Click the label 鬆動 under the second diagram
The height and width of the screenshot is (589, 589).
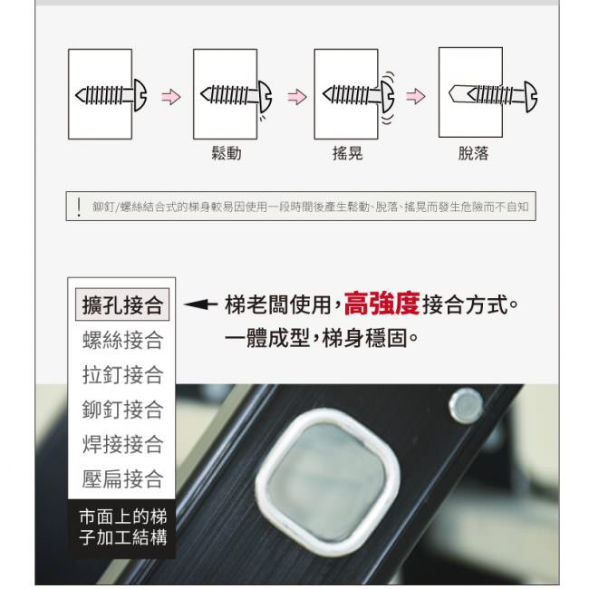(x=227, y=153)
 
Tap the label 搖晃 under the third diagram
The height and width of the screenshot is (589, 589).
(x=347, y=153)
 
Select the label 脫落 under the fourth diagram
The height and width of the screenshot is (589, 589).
(x=473, y=153)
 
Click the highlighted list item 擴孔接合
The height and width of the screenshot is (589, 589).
(x=122, y=304)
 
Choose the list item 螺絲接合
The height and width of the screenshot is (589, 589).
(x=122, y=340)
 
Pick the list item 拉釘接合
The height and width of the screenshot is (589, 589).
(x=122, y=374)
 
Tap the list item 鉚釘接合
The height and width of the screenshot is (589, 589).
(x=122, y=410)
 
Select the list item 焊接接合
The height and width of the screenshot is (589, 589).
(x=122, y=444)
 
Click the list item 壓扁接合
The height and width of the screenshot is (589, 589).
(x=122, y=479)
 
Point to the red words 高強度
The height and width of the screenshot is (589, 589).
(x=381, y=304)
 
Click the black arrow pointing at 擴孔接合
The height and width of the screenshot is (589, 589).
(x=200, y=304)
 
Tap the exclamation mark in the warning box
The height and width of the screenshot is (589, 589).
(x=79, y=207)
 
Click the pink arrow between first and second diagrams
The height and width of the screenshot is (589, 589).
(x=171, y=97)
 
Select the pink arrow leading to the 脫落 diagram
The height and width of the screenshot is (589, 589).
(x=416, y=96)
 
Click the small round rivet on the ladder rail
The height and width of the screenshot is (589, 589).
(x=466, y=407)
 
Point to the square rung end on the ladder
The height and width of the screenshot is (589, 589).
(x=327, y=481)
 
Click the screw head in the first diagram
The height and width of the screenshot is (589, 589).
(x=140, y=95)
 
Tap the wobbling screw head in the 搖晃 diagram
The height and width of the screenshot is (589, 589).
(x=387, y=96)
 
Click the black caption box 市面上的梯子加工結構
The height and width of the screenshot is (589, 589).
(x=121, y=527)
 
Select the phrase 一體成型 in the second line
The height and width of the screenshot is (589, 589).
(x=267, y=338)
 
